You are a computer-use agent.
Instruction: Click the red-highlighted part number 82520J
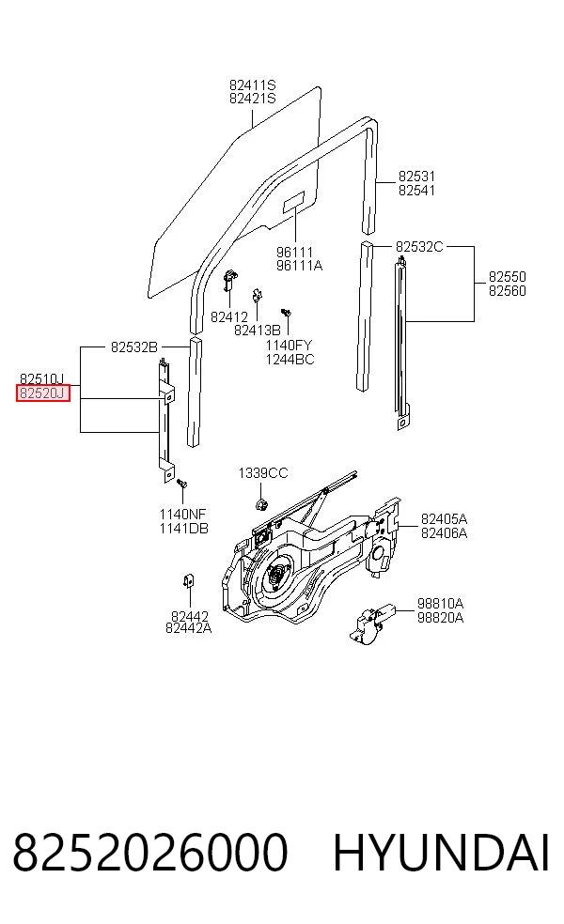(x=42, y=393)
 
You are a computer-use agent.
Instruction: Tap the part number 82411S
(x=253, y=85)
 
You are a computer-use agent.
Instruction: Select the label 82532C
(x=419, y=246)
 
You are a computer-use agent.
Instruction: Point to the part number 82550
(x=508, y=276)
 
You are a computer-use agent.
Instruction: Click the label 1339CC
(x=263, y=472)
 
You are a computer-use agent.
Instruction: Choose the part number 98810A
(x=440, y=604)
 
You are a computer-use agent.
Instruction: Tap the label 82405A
(x=444, y=518)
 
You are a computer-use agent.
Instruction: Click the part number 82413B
(x=258, y=330)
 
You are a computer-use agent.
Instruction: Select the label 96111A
(x=299, y=266)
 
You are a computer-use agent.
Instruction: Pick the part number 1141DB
(x=183, y=529)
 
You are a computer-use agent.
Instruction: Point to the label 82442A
(x=188, y=628)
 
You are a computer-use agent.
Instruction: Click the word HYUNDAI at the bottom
(x=441, y=853)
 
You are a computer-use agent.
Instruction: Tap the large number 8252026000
(x=150, y=853)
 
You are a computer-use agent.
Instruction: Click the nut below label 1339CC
(x=260, y=504)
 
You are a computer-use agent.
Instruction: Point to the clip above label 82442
(x=189, y=581)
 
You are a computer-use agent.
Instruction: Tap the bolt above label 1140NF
(x=182, y=484)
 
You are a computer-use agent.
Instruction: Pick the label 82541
(x=416, y=190)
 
